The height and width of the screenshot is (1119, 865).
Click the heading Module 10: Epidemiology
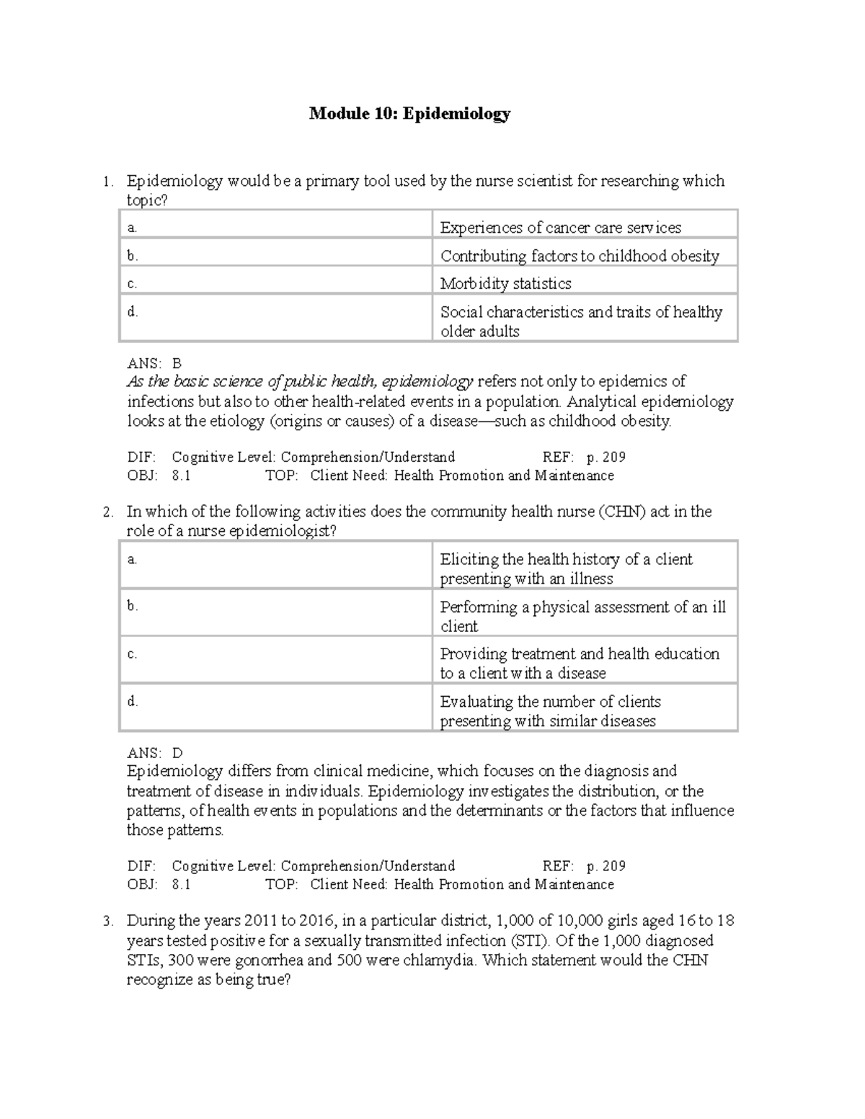(409, 113)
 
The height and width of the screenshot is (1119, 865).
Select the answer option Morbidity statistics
(505, 284)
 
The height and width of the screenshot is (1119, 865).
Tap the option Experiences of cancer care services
(560, 228)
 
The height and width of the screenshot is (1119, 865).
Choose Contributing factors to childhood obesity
(580, 256)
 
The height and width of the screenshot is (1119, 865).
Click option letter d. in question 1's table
(132, 312)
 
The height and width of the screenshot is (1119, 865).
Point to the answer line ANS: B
(154, 363)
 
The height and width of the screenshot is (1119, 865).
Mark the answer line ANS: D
(155, 753)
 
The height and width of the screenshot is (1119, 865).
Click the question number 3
(107, 921)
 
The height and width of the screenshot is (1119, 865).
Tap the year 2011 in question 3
(261, 921)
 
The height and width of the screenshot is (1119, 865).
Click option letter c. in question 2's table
(132, 654)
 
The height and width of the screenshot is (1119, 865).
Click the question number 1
(107, 182)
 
